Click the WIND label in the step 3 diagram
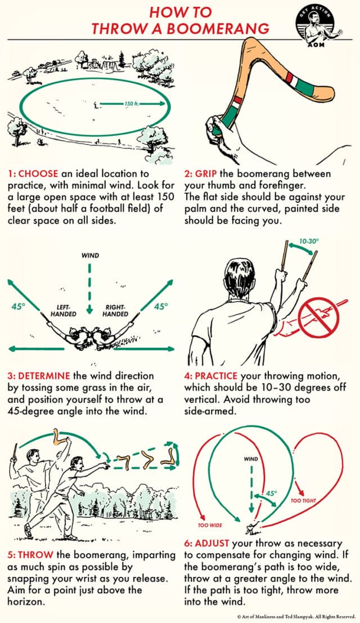coord(89,255)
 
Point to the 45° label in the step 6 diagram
coord(272,494)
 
